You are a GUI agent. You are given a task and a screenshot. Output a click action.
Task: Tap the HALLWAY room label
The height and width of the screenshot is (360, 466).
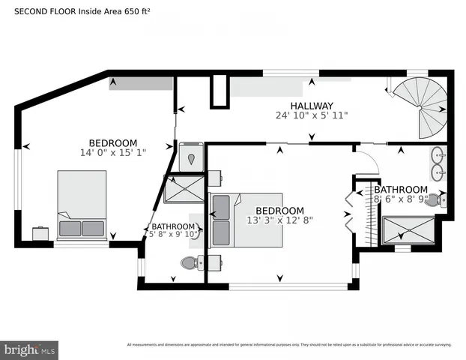312,106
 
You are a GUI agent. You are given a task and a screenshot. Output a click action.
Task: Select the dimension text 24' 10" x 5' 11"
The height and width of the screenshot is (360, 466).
312,116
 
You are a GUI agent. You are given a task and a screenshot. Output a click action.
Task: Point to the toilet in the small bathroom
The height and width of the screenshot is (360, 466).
189,262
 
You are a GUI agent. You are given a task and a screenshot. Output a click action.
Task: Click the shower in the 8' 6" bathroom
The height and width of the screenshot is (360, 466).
408,230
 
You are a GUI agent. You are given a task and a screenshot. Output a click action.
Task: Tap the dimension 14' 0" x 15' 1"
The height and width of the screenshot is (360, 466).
113,152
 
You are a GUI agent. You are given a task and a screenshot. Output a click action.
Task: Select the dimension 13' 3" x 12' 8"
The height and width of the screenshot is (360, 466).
279,220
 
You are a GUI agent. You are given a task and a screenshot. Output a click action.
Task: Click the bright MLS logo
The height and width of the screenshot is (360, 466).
30,349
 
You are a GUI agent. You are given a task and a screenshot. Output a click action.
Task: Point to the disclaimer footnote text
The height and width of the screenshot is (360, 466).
288,345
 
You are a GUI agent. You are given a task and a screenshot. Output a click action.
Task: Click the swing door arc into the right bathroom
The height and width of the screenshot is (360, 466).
367,160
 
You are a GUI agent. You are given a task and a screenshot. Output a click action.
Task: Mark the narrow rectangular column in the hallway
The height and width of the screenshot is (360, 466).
218,91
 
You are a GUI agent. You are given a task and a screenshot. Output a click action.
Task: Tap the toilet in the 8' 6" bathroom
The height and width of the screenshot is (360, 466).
446,200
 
